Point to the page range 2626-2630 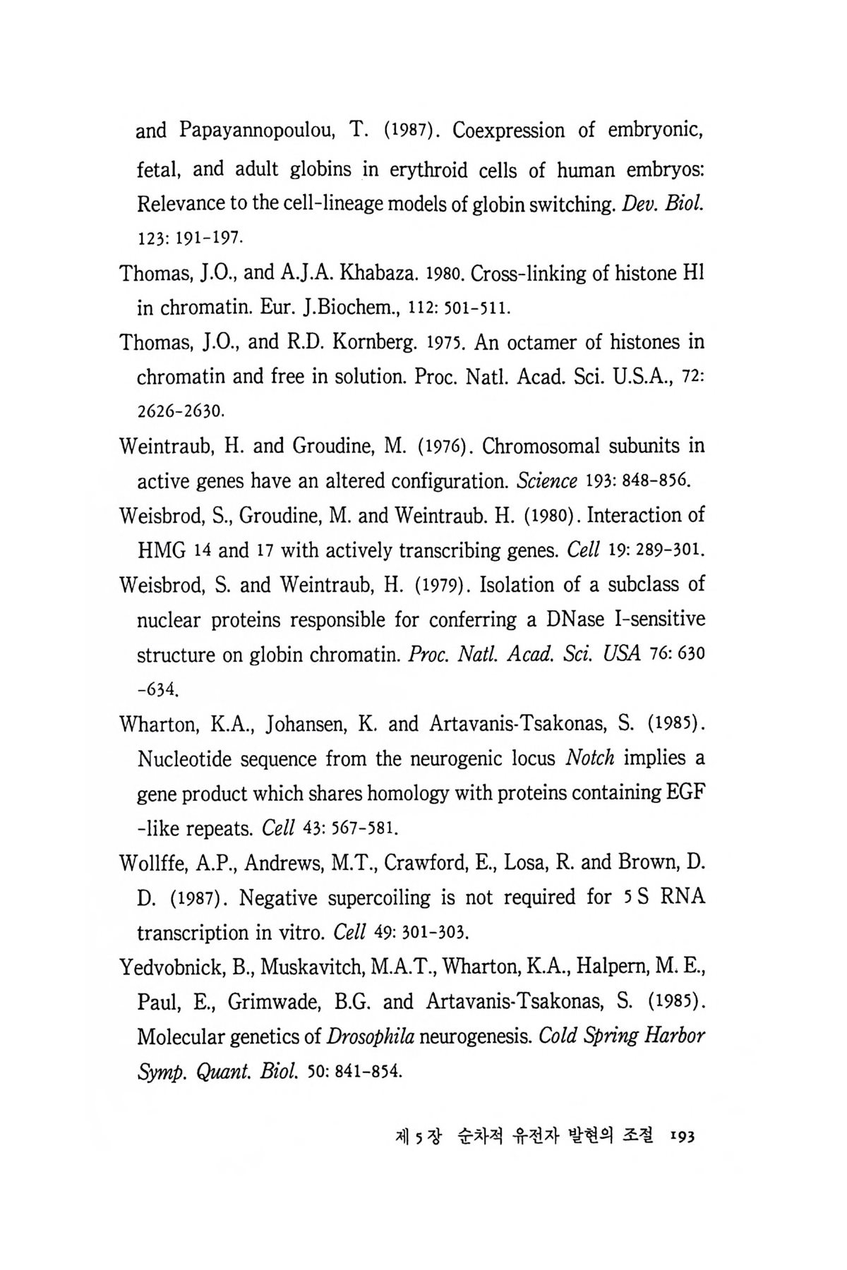(180, 410)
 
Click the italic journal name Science (548, 481)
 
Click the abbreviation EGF (686, 793)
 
